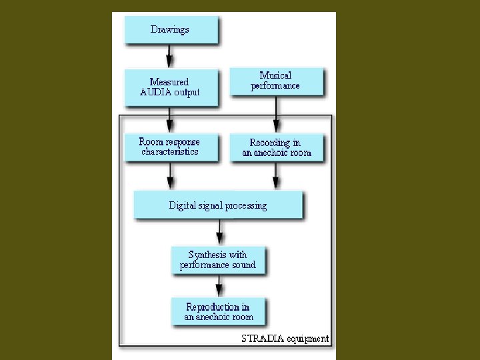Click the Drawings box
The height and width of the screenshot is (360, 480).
(171, 30)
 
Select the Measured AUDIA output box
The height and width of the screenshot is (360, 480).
(171, 87)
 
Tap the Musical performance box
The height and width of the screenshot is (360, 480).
(276, 81)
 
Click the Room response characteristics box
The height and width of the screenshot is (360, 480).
(170, 147)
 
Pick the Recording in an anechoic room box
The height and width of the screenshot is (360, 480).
(276, 147)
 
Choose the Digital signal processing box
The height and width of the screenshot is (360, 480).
(218, 205)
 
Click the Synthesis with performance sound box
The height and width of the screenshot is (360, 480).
(218, 259)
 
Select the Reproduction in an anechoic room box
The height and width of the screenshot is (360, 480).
(218, 311)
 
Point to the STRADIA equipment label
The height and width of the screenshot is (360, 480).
(285, 339)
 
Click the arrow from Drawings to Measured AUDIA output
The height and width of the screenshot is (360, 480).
(170, 54)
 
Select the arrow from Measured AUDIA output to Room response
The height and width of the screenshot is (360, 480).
(170, 119)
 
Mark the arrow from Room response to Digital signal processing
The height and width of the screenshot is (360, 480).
(170, 176)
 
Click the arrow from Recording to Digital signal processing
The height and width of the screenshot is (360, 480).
(276, 176)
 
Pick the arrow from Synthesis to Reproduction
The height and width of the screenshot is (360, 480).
(219, 285)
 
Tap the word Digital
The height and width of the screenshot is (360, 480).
(183, 205)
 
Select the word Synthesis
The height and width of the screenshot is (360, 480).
(208, 255)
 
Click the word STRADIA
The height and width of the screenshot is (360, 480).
(263, 339)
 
